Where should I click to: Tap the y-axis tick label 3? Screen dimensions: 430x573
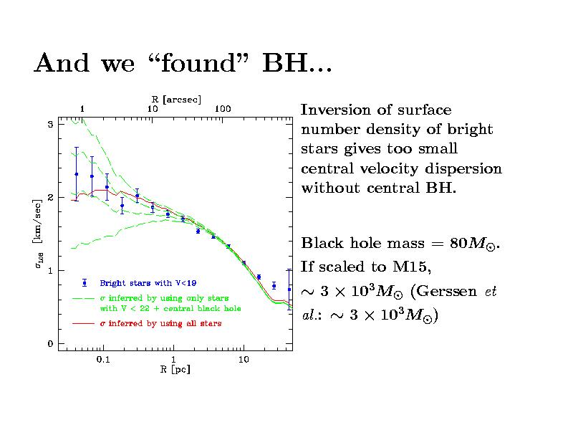(x=49, y=124)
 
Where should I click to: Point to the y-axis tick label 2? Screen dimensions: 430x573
(x=49, y=197)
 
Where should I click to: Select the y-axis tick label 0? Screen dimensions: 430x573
(x=49, y=344)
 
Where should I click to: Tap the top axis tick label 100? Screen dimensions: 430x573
(x=223, y=108)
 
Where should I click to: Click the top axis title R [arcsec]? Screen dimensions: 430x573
(x=176, y=99)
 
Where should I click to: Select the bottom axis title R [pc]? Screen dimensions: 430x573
(x=175, y=370)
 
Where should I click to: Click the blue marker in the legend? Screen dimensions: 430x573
(x=85, y=282)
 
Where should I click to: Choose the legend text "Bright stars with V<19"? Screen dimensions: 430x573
(x=143, y=282)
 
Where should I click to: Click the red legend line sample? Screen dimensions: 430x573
(x=84, y=323)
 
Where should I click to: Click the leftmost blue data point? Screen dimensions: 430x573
(x=76, y=174)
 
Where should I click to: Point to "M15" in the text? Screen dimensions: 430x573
(x=411, y=268)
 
